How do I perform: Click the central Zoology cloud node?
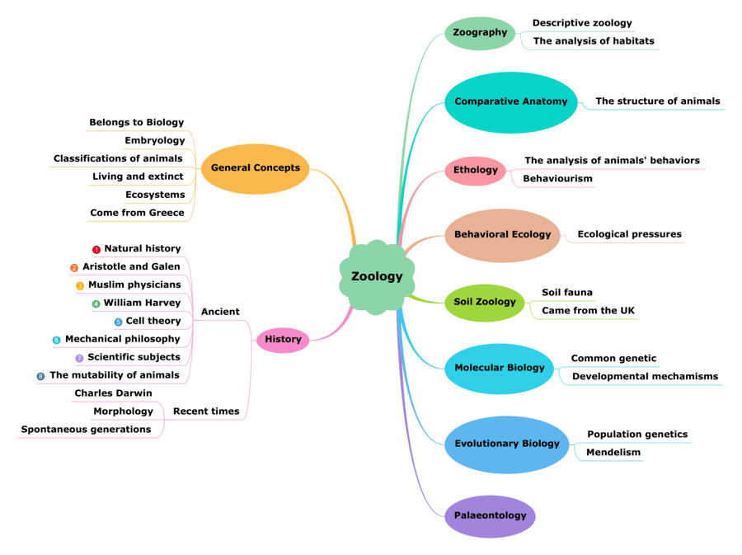(x=377, y=277)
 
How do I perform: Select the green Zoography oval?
(x=480, y=33)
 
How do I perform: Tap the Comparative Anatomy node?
(x=511, y=102)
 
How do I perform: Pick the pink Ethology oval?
(x=476, y=171)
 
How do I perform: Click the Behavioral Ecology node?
(x=502, y=235)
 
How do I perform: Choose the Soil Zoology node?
(x=485, y=303)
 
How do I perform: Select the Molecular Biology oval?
(x=500, y=368)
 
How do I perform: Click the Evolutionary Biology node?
(x=507, y=444)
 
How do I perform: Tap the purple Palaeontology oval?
(x=490, y=516)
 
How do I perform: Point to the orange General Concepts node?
(x=256, y=168)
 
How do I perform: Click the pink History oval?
(x=283, y=340)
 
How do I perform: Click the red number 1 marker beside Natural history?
(x=96, y=249)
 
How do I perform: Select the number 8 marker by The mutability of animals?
(x=40, y=376)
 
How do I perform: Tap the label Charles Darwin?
(x=113, y=393)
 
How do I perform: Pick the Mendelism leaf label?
(x=613, y=453)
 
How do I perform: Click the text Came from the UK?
(x=588, y=311)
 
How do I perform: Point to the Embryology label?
(x=154, y=141)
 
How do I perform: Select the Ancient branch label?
(x=220, y=312)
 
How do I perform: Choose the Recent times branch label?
(x=206, y=412)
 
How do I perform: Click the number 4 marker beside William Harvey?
(x=96, y=303)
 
